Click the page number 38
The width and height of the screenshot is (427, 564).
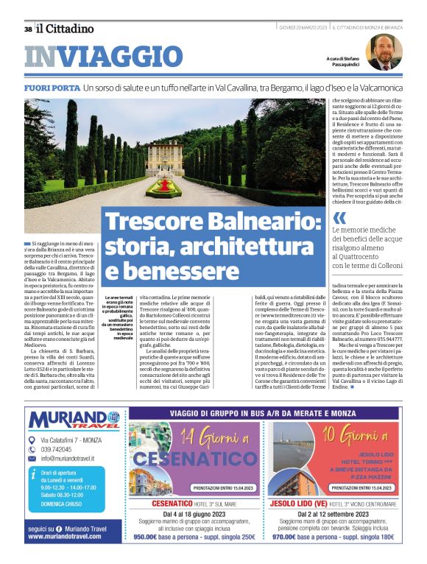(27, 29)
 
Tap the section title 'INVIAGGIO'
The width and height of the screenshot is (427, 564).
(102, 57)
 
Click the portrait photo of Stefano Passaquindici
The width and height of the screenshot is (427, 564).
(384, 52)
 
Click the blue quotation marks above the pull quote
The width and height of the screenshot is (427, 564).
(339, 218)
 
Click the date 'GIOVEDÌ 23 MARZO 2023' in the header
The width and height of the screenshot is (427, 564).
(303, 28)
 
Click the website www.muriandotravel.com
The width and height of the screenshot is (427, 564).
(65, 537)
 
